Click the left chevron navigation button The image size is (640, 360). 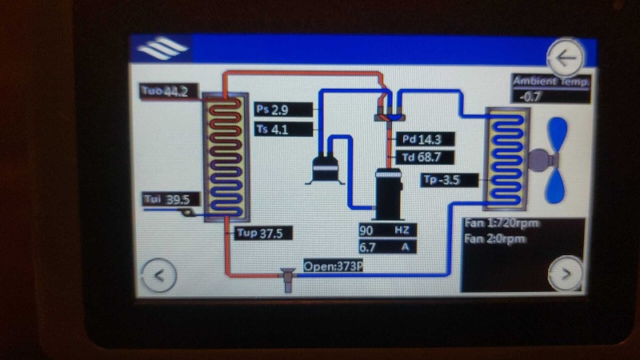coord(158,276)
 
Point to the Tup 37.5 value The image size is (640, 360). coord(264,234)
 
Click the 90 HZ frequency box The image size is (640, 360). coord(387,230)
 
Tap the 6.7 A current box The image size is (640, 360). coord(387,247)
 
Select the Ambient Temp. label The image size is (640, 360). coord(552,82)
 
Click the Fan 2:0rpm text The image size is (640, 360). coord(496,238)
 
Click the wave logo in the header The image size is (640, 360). coord(162,50)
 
